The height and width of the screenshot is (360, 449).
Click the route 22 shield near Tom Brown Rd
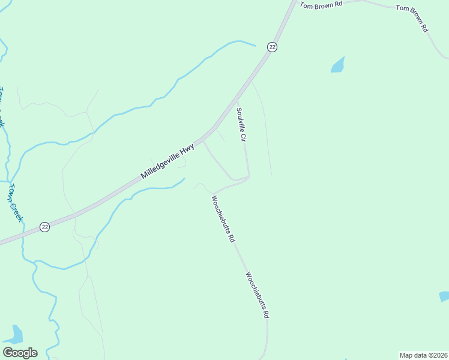pyautogui.click(x=272, y=47)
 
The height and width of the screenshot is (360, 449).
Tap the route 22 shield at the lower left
pyautogui.click(x=45, y=226)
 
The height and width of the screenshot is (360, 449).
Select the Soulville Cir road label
pyautogui.click(x=242, y=124)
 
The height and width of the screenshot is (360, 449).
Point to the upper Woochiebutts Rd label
pyautogui.click(x=222, y=218)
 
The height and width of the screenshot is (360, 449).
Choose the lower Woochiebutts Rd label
pyautogui.click(x=257, y=294)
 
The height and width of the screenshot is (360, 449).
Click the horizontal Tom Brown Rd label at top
pyautogui.click(x=321, y=5)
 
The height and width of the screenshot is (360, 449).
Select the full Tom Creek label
pyautogui.click(x=15, y=202)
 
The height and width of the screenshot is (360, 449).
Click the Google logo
pyautogui.click(x=20, y=353)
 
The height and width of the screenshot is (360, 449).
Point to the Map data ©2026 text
pyautogui.click(x=423, y=355)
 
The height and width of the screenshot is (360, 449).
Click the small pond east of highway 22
pyautogui.click(x=338, y=65)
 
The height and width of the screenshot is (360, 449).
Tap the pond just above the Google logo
pyautogui.click(x=16, y=334)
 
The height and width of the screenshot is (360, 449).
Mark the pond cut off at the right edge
pyautogui.click(x=444, y=296)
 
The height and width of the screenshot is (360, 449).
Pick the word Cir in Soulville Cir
pyautogui.click(x=244, y=136)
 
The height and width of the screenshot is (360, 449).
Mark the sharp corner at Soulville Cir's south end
pyautogui.click(x=249, y=176)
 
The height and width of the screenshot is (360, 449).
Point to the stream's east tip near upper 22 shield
pyautogui.click(x=256, y=45)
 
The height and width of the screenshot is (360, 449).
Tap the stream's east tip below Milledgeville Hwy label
pyautogui.click(x=184, y=179)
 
